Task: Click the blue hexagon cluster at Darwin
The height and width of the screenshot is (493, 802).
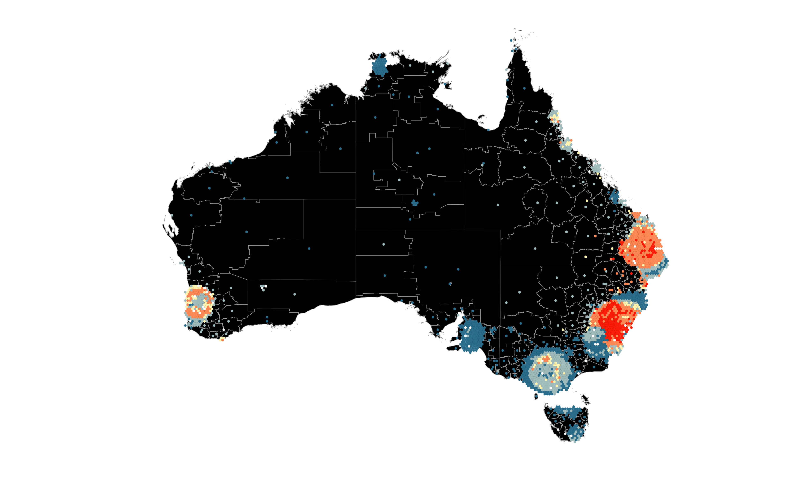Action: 380,66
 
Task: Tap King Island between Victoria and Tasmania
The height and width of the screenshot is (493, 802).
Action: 536,396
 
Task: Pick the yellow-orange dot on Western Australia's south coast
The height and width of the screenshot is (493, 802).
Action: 222,339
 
